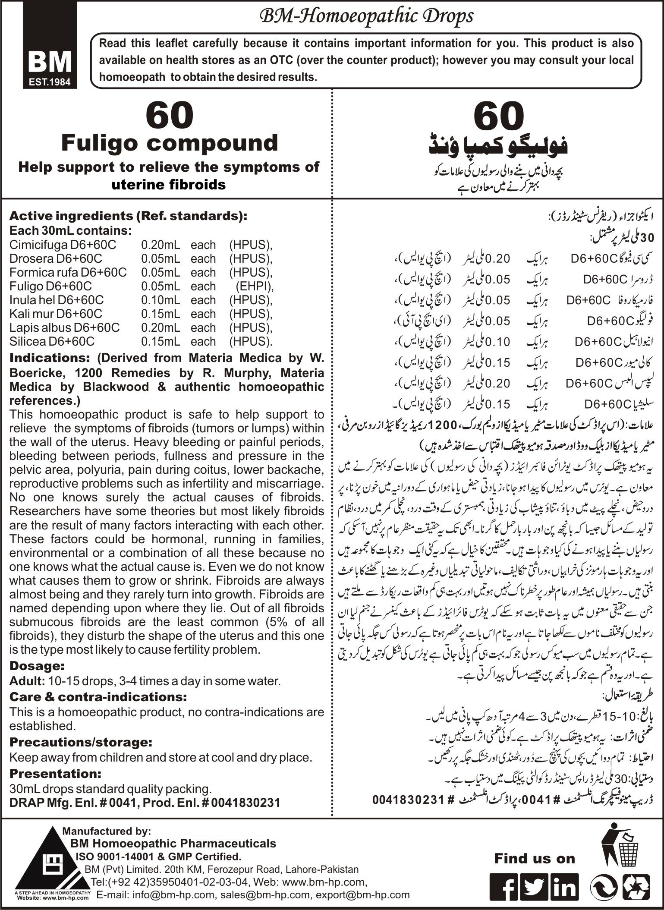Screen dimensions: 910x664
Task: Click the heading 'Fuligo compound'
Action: point(170,143)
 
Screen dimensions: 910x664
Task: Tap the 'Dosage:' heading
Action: point(37,665)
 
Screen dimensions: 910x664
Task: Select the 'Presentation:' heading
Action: point(56,773)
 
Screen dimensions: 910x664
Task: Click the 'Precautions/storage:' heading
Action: point(81,742)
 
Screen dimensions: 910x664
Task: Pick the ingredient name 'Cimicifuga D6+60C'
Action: point(63,245)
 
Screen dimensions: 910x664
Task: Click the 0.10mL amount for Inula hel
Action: point(160,300)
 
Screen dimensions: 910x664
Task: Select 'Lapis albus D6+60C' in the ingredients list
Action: point(65,327)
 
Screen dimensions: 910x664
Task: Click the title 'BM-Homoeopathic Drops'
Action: point(365,16)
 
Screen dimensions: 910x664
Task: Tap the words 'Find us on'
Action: point(535,858)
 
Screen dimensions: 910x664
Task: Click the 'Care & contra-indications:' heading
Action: point(98,696)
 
